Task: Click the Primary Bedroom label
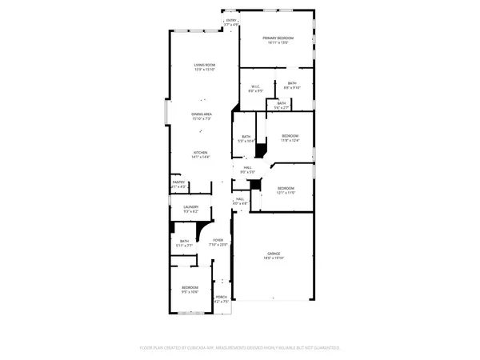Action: point(275,38)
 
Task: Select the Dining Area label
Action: point(201,114)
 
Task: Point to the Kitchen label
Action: point(200,152)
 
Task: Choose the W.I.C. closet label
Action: point(255,87)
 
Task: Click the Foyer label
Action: point(218,240)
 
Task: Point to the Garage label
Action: point(274,254)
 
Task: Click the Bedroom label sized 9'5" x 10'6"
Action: point(189,287)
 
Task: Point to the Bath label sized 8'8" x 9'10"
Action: point(292,83)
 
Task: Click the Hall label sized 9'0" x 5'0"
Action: point(248,168)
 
